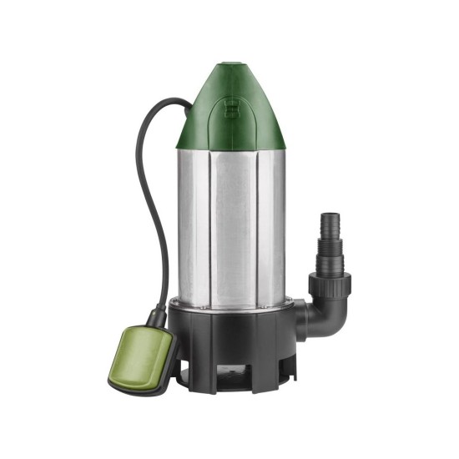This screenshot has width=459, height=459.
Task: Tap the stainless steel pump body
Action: pos(234,225)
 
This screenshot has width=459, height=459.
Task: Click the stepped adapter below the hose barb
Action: pos(329,254)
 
